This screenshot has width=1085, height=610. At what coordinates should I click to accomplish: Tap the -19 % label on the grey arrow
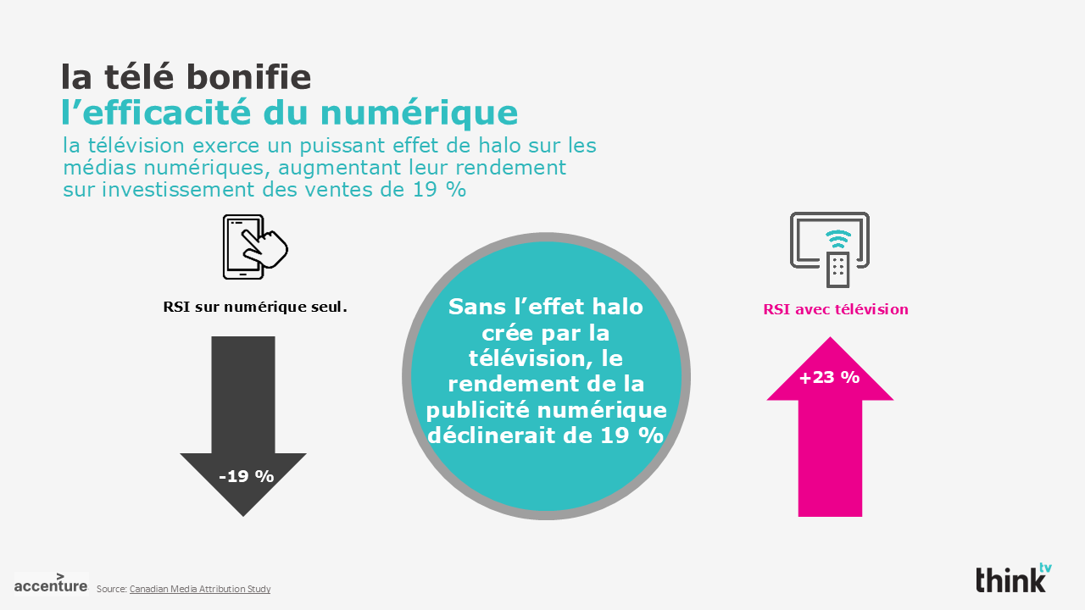[x=246, y=476]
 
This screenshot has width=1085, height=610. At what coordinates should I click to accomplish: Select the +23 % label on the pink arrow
[x=829, y=377]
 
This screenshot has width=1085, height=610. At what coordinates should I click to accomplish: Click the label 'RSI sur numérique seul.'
[x=255, y=307]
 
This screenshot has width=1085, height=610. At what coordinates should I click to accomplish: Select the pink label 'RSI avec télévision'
[x=835, y=309]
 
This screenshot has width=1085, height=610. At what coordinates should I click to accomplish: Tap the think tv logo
[x=1013, y=579]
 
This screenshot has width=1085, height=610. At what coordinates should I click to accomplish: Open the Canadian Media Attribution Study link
[x=200, y=589]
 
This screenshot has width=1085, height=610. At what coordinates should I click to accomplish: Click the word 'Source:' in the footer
[x=111, y=589]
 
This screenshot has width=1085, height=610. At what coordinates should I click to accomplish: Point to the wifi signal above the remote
[x=837, y=237]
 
